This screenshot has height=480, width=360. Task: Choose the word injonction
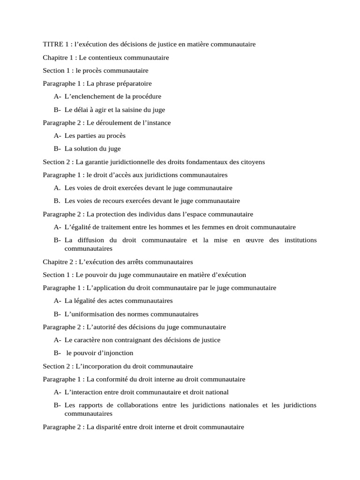pos(118,353)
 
